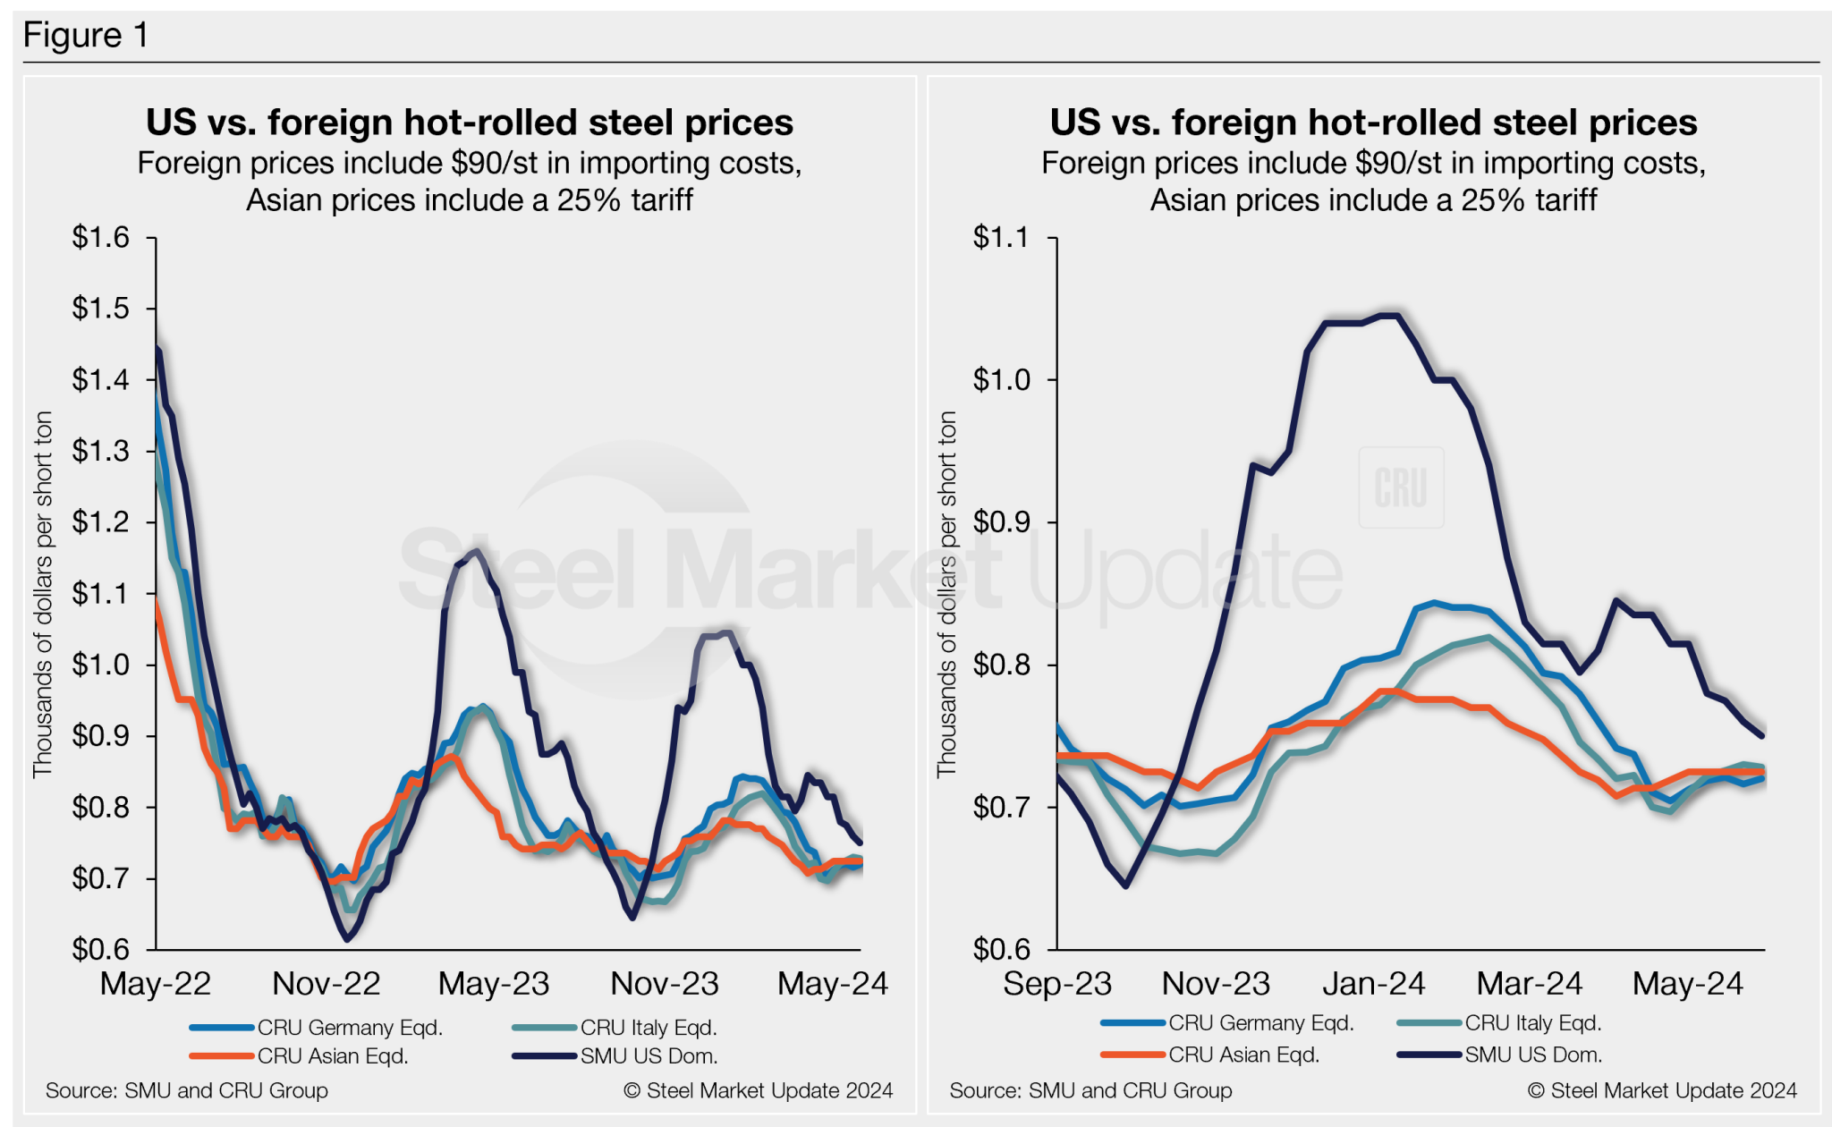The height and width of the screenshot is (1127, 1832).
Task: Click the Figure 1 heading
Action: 86,36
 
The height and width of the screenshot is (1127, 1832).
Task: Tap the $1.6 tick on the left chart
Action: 101,238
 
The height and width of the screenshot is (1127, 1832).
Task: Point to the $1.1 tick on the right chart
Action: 1002,238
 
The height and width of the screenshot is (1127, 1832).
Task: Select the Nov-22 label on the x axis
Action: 327,984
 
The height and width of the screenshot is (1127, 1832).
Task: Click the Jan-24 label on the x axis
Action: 1374,984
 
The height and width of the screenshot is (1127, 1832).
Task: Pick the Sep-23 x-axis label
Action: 1057,984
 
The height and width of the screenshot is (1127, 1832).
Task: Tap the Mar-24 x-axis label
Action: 1530,984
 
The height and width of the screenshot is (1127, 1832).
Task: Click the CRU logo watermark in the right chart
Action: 1401,487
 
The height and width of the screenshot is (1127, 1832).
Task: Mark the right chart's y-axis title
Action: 947,594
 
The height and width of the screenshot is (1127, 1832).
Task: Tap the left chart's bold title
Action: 470,123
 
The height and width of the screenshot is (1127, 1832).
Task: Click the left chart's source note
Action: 187,1090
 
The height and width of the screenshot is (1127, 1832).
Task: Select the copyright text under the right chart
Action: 1662,1090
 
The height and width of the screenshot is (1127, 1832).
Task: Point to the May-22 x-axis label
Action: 156,984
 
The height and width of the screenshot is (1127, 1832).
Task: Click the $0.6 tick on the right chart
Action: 1002,949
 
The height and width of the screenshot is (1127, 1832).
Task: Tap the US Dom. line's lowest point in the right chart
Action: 1125,885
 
